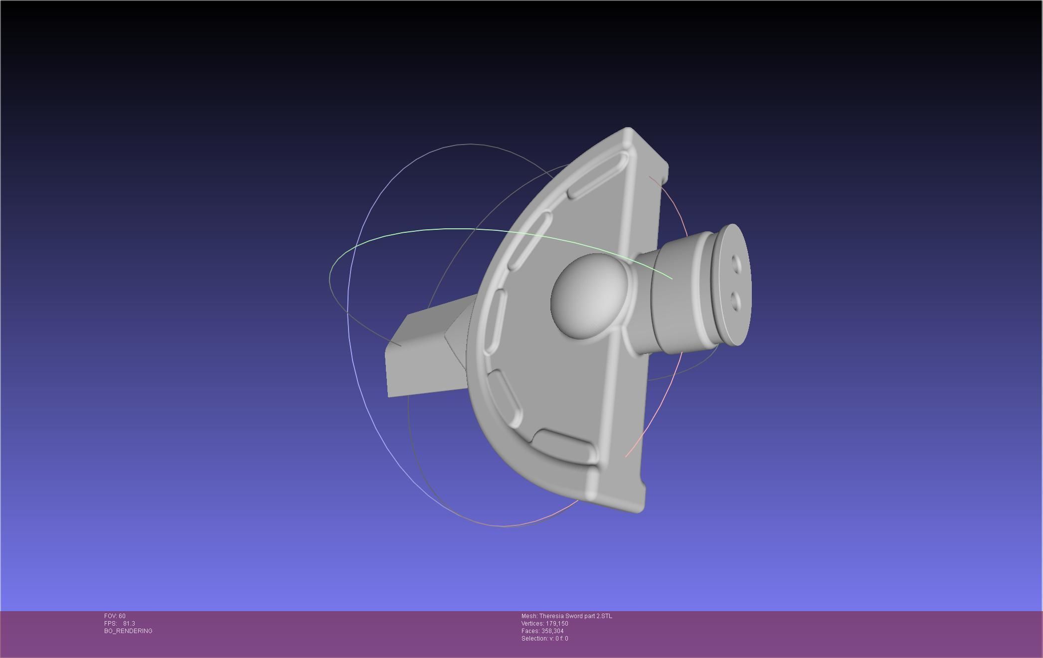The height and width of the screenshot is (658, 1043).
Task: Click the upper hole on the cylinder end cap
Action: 736,261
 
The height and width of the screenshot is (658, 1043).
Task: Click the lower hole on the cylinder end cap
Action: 735,301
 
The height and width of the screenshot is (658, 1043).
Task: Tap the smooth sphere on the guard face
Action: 588,296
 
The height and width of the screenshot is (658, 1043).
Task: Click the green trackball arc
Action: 449,230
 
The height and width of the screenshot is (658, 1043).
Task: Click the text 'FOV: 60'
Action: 115,616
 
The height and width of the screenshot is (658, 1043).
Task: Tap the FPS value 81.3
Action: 129,624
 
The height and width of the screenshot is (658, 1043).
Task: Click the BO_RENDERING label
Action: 128,631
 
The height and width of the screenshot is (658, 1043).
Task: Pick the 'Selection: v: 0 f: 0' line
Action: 544,639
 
